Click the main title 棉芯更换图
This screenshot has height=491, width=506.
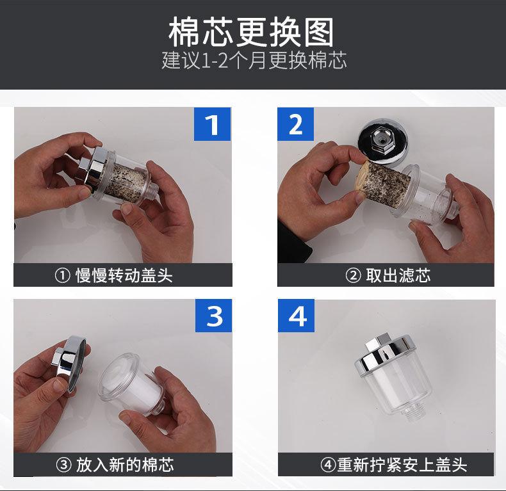coord(251,32)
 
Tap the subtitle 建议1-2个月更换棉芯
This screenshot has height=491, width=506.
coord(254,60)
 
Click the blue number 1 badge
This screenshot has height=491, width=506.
coord(212,124)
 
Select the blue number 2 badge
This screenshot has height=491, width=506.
coord(296,124)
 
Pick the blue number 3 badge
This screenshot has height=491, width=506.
coord(214,316)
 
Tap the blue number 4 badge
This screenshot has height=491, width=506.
coord(297,316)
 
